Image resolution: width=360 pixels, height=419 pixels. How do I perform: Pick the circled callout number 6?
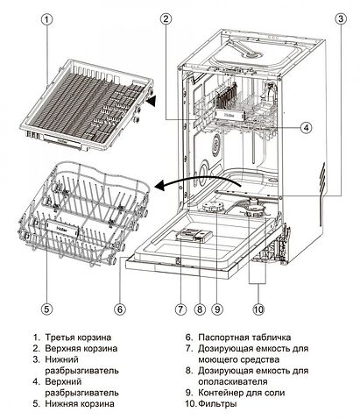coord(120,308)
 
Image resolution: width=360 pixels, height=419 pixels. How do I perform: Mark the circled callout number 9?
coord(217,308)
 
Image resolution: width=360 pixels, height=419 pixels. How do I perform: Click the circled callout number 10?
coord(258,308)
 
